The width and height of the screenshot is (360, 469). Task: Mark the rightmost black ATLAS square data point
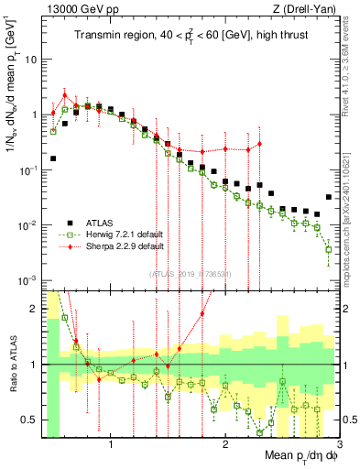coord(329,197)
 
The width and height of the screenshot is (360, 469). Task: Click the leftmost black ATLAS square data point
coord(53,158)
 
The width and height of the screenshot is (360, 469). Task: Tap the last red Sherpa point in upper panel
coord(260,144)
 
